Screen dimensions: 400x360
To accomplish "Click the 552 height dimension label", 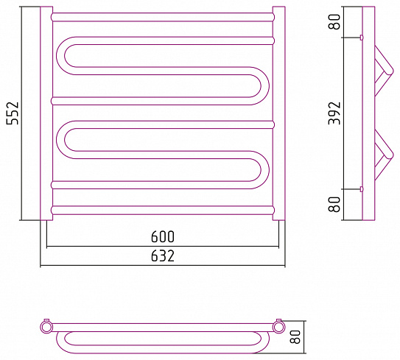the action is [13, 113].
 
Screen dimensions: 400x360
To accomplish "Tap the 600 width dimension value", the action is [163, 236].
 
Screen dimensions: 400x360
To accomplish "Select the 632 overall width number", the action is [163, 255].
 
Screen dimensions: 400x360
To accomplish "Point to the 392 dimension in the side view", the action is [334, 113].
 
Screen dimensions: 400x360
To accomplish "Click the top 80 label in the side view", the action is [334, 21].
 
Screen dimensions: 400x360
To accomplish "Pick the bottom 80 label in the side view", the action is [334, 205].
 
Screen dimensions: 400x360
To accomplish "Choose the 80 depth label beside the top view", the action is [295, 336].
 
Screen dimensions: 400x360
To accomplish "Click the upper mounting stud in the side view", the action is [362, 38].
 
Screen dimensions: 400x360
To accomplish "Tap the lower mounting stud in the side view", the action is [362, 189].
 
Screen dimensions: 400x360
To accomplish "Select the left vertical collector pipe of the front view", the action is [46, 113].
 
